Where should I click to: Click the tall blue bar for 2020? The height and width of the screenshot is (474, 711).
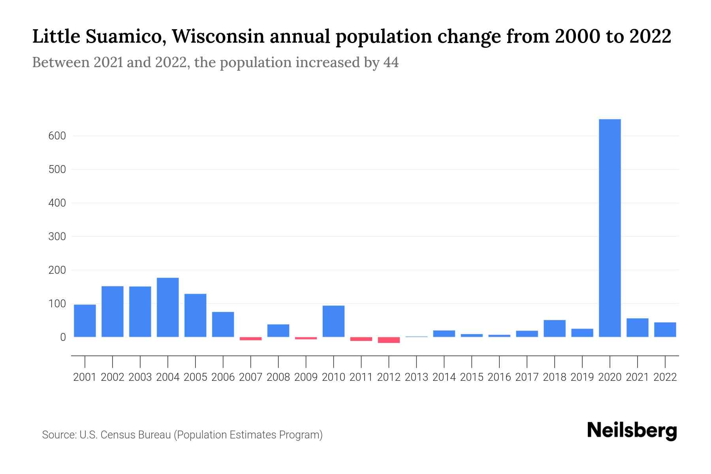click(609, 228)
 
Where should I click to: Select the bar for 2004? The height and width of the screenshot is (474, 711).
click(167, 307)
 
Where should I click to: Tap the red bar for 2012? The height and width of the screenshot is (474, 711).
click(389, 340)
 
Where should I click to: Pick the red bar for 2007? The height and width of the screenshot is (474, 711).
click(250, 339)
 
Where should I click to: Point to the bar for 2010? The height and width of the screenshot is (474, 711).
click(333, 321)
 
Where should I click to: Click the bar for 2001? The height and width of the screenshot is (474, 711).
click(85, 321)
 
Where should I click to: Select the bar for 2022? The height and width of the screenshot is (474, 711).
click(665, 330)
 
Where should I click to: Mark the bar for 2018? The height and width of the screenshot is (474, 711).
click(554, 328)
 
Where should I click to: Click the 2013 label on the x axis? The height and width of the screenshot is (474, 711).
click(416, 377)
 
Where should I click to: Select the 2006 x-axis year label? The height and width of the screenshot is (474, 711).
click(223, 377)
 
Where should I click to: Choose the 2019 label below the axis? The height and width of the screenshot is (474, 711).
click(582, 377)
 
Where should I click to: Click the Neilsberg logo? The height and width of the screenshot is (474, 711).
click(632, 431)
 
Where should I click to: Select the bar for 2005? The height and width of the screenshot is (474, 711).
click(195, 315)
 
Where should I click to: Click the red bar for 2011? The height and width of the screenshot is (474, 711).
click(361, 339)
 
